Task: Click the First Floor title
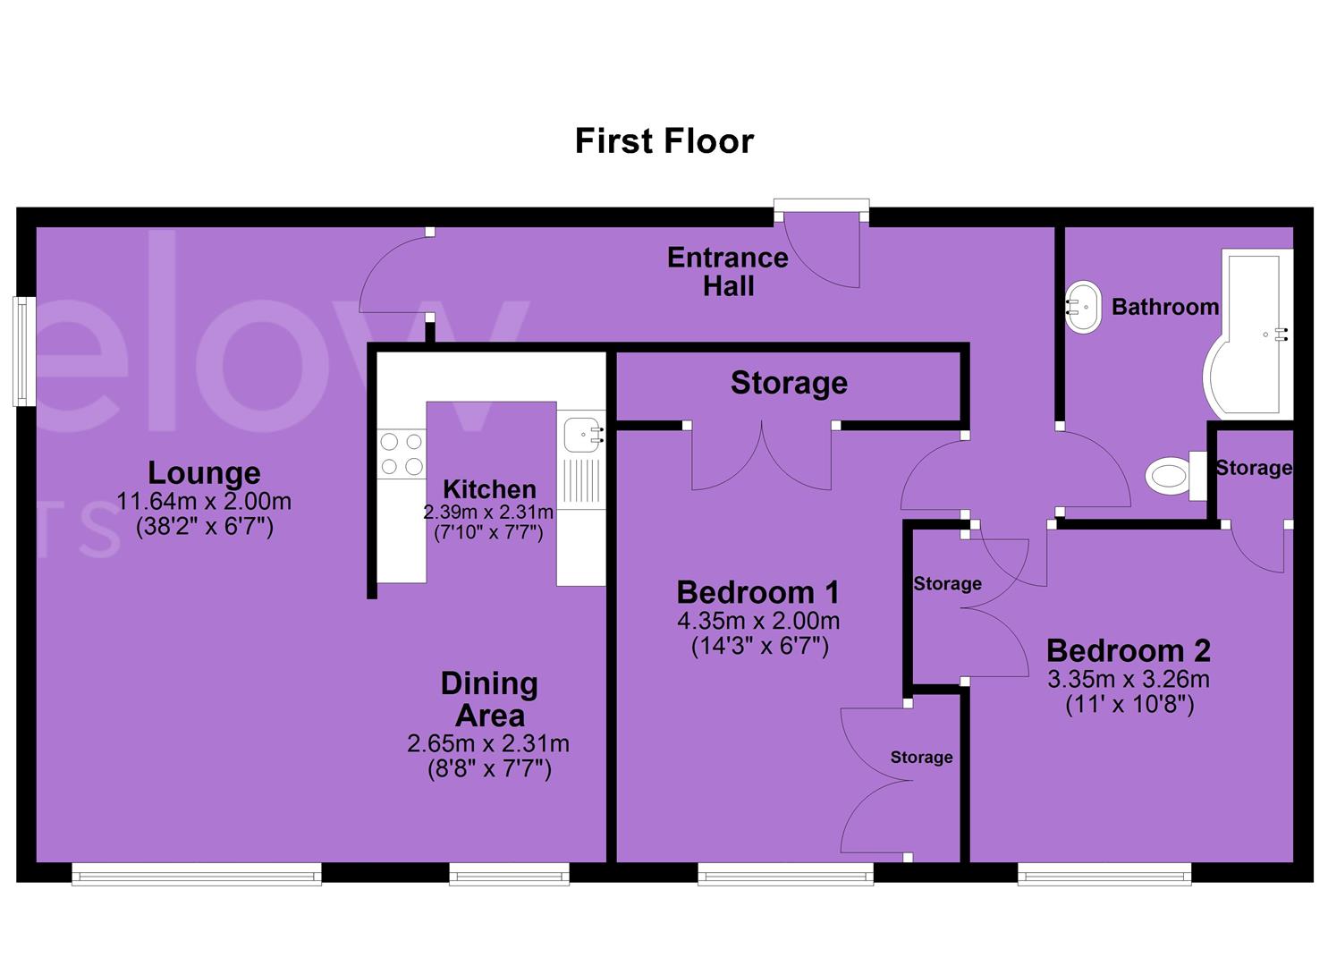coord(664,141)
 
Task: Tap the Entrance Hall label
coord(727,272)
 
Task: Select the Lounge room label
coord(204,472)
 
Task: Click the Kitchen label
coord(489,489)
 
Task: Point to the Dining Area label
coord(489,699)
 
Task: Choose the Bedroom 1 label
coord(758,592)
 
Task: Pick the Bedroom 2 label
coord(1129,650)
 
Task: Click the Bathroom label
coord(1165,307)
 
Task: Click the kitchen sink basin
coord(582,435)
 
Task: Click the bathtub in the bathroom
coord(1249,335)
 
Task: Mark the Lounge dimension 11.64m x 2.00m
coord(204,502)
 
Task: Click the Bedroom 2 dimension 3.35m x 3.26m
coord(1129,680)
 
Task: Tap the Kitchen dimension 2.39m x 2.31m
coord(488,512)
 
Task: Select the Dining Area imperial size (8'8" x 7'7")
coord(489,769)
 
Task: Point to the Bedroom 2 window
coord(1104,874)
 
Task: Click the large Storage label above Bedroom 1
coord(789,383)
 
